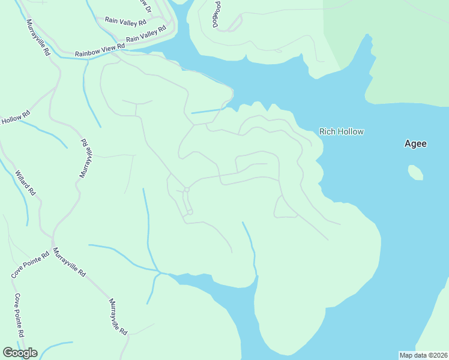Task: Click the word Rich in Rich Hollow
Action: pyautogui.click(x=327, y=131)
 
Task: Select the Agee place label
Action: pyautogui.click(x=415, y=144)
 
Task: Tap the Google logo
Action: pyautogui.click(x=20, y=353)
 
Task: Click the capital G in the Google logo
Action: pyautogui.click(x=8, y=353)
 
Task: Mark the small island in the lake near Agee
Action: pyautogui.click(x=415, y=173)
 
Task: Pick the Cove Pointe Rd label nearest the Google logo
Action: pyautogui.click(x=19, y=315)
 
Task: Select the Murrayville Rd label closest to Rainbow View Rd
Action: pyautogui.click(x=38, y=37)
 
